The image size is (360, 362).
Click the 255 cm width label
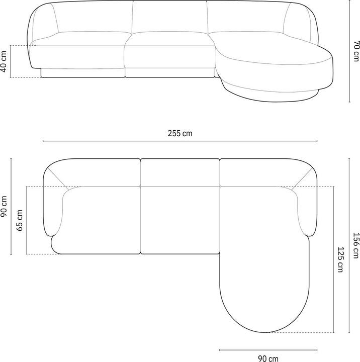pyautogui.click(x=180, y=133)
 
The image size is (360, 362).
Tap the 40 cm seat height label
pyautogui.click(x=4, y=61)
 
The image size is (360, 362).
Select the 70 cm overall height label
pyautogui.click(x=356, y=51)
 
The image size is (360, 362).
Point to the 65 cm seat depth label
pyautogui.click(x=20, y=220)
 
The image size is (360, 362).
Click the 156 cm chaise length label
pyautogui.click(x=356, y=245)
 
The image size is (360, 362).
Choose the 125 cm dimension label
pyautogui.click(x=340, y=259)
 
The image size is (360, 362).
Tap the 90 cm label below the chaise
pyautogui.click(x=268, y=358)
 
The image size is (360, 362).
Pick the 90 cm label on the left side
pyautogui.click(x=4, y=207)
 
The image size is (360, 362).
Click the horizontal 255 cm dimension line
pyautogui.click(x=180, y=141)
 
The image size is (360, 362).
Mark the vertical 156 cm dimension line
pyautogui.click(x=349, y=245)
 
